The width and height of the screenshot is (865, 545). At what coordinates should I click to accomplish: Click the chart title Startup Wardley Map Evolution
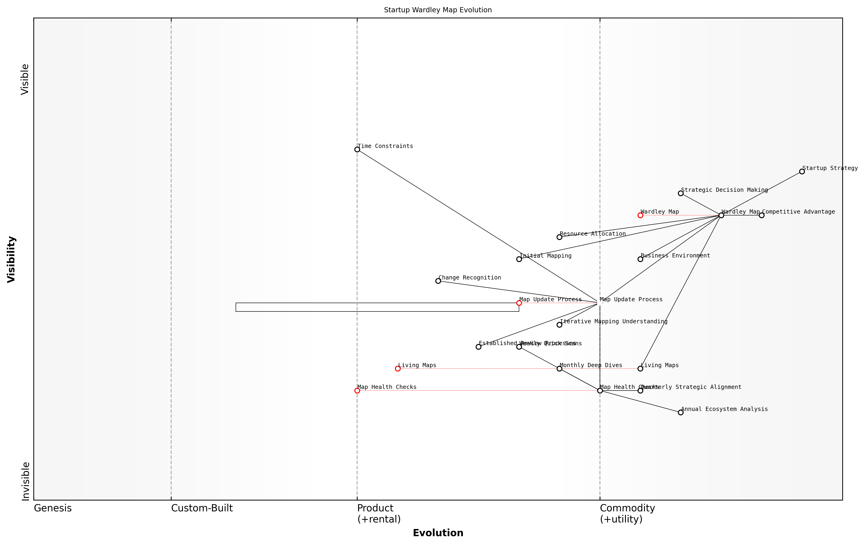click(x=438, y=10)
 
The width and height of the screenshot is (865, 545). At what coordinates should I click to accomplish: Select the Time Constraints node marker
click(x=357, y=149)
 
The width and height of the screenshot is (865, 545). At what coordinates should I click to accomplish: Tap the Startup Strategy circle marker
click(x=802, y=171)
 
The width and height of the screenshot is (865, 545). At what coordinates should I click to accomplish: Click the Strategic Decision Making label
click(x=724, y=190)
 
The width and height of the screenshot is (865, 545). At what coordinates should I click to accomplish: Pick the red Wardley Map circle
click(x=640, y=215)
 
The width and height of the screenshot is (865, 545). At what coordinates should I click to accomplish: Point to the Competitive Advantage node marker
click(x=762, y=215)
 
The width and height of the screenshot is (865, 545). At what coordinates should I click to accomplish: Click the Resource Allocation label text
click(x=593, y=234)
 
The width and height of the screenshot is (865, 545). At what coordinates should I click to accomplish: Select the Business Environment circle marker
click(x=640, y=259)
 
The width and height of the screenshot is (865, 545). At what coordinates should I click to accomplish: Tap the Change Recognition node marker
click(x=438, y=281)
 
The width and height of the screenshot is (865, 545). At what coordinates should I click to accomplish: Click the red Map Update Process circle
click(x=519, y=303)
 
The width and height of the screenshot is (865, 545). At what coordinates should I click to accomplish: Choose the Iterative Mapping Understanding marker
click(x=559, y=325)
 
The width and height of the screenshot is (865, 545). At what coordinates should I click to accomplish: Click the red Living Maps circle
click(x=398, y=369)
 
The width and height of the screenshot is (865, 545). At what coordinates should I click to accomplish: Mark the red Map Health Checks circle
click(x=357, y=391)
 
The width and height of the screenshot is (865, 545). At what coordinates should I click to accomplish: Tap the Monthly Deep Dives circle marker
click(x=559, y=369)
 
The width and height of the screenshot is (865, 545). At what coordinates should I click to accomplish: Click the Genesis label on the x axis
click(x=53, y=508)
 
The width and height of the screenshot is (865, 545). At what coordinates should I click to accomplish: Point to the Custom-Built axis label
click(x=202, y=508)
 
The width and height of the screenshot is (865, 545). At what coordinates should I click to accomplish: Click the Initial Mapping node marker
click(x=519, y=259)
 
